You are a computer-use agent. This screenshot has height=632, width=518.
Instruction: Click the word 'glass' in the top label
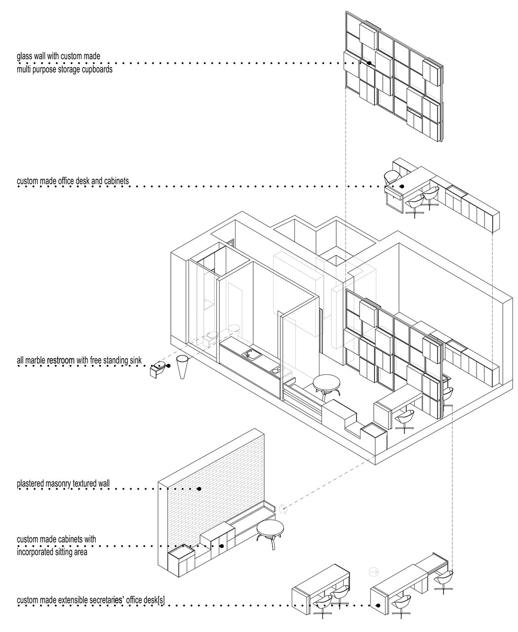24,56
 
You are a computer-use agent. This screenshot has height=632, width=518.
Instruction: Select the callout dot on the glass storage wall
369,63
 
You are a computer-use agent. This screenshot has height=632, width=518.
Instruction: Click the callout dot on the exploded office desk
402,186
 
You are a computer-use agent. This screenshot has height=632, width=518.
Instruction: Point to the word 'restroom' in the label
61,360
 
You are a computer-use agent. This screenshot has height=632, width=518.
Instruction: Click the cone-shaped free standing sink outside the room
182,367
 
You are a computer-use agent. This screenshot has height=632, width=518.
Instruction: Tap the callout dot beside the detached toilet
168,366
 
